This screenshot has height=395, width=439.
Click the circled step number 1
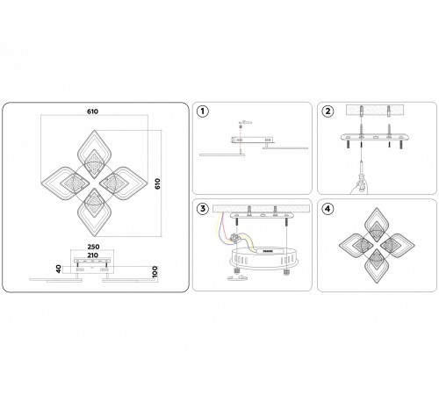click(x=204, y=111)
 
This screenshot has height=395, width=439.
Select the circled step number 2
click(x=327, y=111)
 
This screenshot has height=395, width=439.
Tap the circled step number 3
click(x=204, y=209)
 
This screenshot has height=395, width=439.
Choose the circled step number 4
click(x=327, y=209)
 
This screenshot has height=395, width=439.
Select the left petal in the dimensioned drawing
click(x=63, y=180)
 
